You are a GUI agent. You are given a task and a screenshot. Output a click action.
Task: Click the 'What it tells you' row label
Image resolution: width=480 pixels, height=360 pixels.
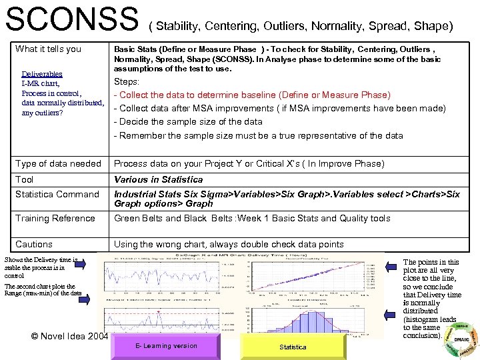pos(48,49)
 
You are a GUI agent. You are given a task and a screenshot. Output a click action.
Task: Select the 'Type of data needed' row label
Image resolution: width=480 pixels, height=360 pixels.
pos(58,163)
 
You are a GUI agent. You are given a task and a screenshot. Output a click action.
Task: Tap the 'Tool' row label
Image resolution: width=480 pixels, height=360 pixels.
pos(25,179)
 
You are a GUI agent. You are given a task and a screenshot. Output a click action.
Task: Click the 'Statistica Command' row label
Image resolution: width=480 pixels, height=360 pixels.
pos(57,194)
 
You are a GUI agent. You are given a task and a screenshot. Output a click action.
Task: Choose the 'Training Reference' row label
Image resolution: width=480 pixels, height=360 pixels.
pos(55,218)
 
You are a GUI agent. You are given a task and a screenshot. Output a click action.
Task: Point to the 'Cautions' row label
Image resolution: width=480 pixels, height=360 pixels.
pos(34,244)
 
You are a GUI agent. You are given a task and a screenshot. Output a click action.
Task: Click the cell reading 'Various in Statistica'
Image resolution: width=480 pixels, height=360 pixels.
pos(158,179)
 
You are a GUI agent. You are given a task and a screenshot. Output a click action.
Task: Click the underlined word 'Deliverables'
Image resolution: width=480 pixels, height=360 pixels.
pos(42,74)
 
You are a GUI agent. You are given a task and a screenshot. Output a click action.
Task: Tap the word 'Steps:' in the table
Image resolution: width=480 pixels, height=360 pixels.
pos(127,81)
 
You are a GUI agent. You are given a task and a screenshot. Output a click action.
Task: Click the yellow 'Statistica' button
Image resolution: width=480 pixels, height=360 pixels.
pos(293,347)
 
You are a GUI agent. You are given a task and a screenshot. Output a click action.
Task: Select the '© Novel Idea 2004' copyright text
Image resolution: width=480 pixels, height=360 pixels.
pos(69,336)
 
